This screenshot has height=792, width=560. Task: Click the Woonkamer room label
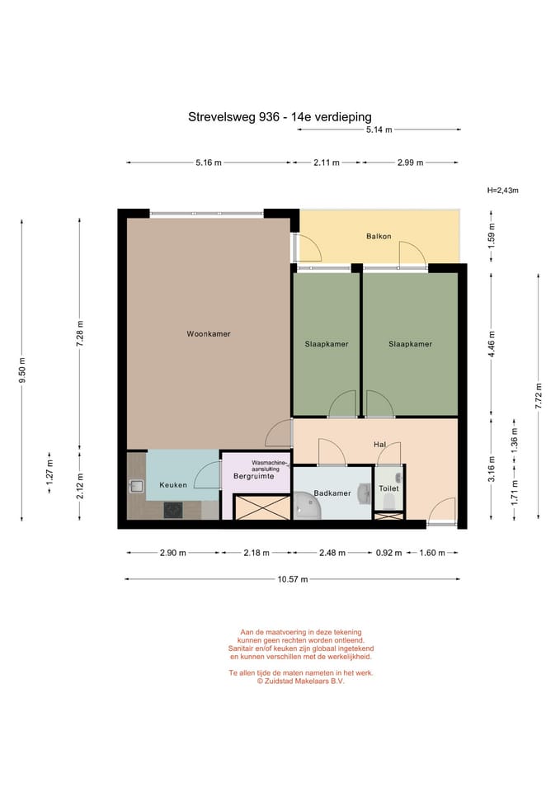coord(209,334)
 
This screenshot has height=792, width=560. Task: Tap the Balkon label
coord(379,236)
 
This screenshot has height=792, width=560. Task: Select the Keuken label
coord(173,485)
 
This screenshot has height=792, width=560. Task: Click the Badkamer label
coord(332,493)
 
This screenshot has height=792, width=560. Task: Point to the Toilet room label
coord(388,488)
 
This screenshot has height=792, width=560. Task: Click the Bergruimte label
coord(253,476)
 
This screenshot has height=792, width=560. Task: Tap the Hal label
coord(379,445)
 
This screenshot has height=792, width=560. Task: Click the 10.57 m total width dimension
coord(293,579)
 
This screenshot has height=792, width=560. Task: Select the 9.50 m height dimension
coord(21,370)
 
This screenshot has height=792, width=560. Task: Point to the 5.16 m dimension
coord(209,163)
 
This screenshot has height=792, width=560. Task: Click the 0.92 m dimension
coord(388,553)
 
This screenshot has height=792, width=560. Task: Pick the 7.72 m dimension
coord(539,397)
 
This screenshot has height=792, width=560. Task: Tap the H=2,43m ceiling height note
coord(503,191)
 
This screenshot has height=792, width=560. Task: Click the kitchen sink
coord(136,487)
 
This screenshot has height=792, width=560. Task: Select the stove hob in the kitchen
coord(173,510)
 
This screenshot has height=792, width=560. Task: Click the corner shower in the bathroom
coord(307,506)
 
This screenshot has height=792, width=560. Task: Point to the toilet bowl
coord(389,502)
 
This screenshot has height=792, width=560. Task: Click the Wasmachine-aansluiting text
coord(270,465)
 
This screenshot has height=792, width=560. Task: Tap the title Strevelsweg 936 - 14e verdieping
coord(280,117)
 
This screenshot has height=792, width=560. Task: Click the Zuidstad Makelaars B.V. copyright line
coord(300,681)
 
